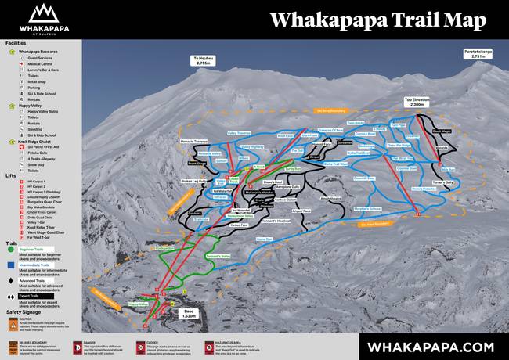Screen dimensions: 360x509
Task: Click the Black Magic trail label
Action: pos(441,131)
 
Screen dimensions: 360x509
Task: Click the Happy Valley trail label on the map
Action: pos(138,304)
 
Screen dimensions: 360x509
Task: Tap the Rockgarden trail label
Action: pos(164,248)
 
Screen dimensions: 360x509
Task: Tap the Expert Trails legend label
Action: pos(31,296)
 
